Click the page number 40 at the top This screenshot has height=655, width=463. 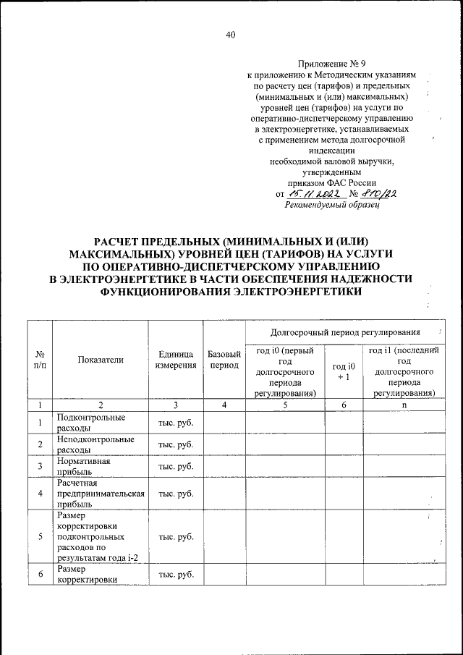pos(231,35)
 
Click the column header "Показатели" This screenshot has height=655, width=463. pos(101,359)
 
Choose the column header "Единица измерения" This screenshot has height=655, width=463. pos(176,360)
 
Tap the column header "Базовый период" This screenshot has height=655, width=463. pos(224,360)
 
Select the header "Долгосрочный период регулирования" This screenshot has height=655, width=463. pos(344,332)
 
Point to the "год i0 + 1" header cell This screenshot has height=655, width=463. pos(343,371)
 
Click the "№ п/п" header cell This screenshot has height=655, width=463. pos(41,360)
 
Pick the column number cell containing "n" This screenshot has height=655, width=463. pos(404,405)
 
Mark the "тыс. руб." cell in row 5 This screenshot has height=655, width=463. pos(176,537)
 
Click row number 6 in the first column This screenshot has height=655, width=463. pos(41,575)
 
